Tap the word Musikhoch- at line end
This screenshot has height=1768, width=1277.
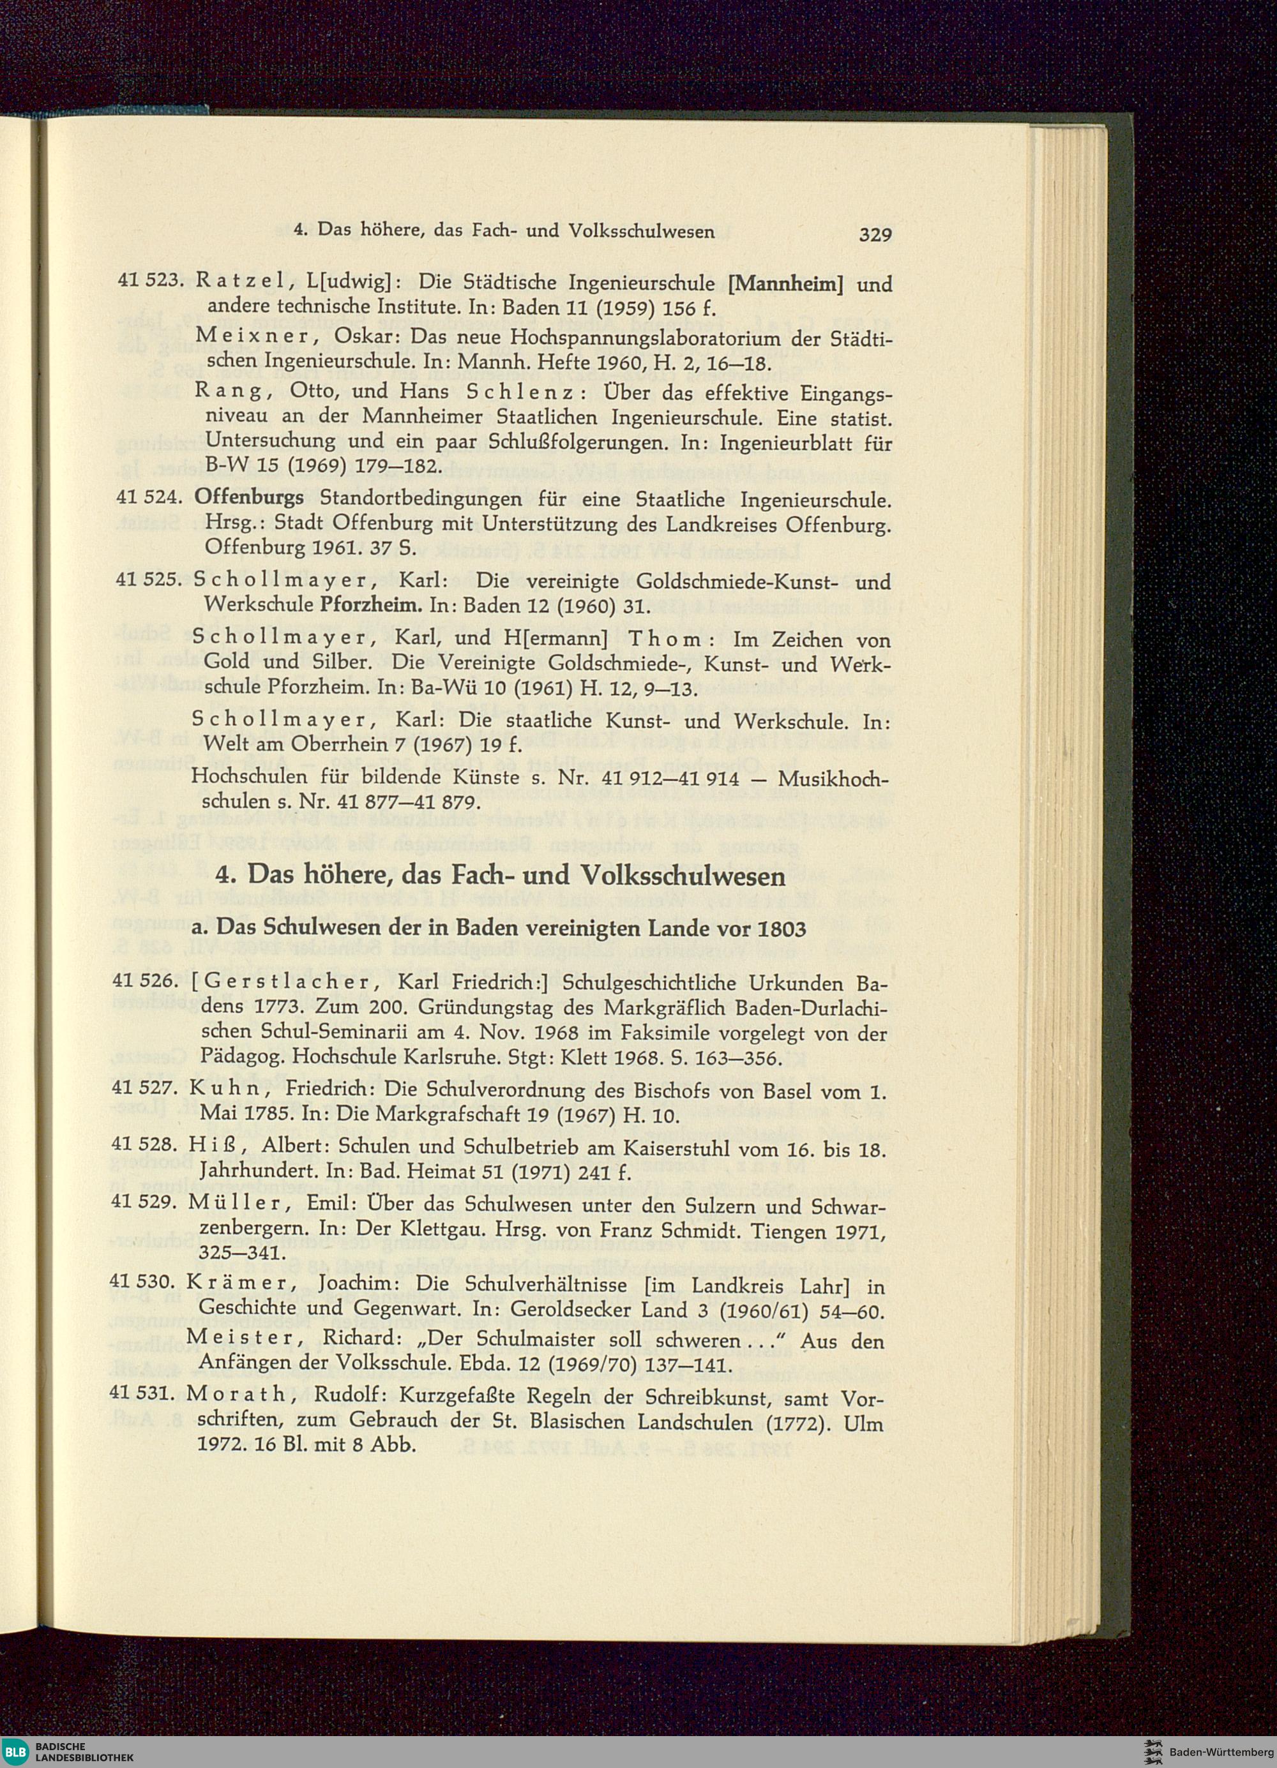[833, 777]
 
